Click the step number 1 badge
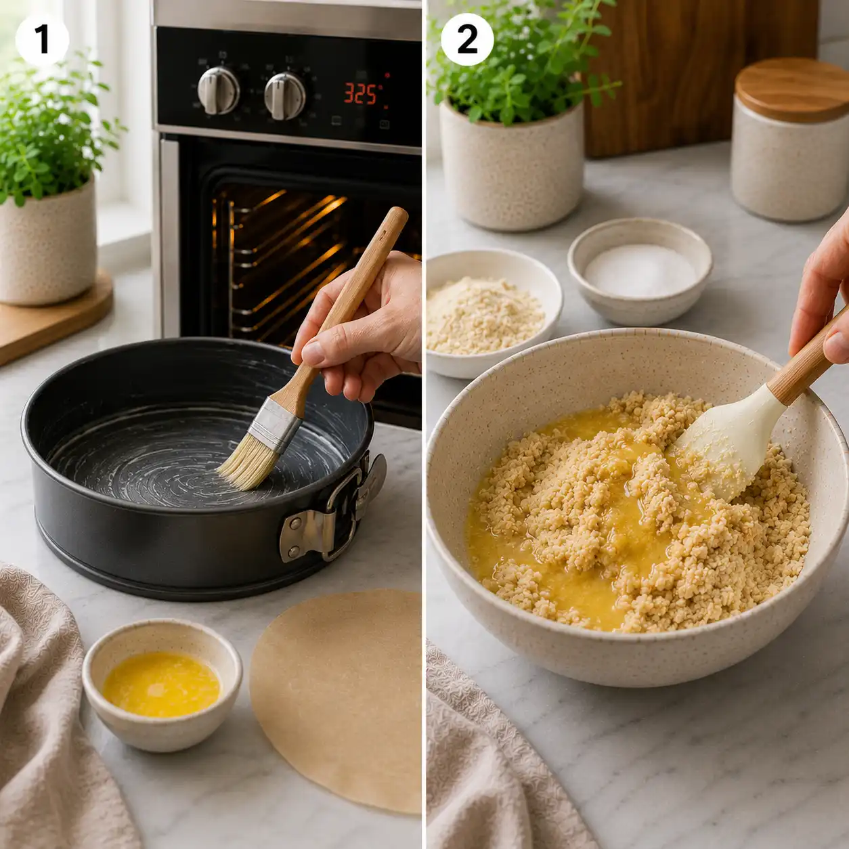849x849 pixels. (x=42, y=40)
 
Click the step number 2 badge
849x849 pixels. (x=467, y=40)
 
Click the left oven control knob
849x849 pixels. (x=218, y=90)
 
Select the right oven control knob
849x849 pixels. (x=284, y=96)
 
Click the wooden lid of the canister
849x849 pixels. (x=791, y=90)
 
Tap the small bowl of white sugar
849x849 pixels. (x=640, y=270)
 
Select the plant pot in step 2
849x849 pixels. (x=512, y=167)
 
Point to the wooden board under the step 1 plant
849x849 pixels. (x=53, y=318)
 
